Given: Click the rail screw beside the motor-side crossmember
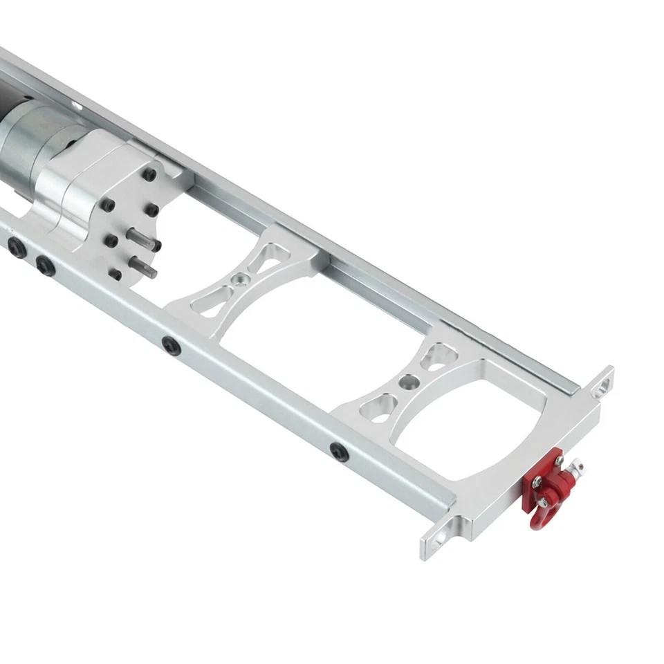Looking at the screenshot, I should point(171,344).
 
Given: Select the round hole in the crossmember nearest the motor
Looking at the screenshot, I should point(239,279).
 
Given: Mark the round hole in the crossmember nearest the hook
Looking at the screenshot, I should point(408,381).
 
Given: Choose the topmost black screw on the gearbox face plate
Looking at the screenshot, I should point(149,174).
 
